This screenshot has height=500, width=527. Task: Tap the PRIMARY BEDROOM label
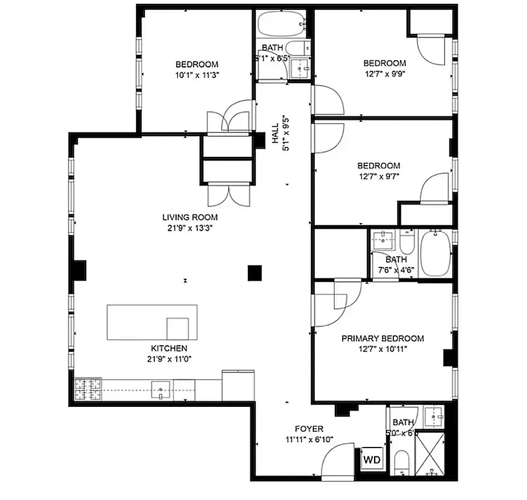(382, 338)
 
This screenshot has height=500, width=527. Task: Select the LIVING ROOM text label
(190, 217)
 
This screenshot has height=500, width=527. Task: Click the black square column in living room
(254, 272)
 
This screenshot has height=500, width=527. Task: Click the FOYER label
(309, 429)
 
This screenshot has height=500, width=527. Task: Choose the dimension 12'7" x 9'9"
(385, 74)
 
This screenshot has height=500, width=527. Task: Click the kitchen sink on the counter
(160, 390)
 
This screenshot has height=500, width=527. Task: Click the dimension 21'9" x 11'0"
(168, 359)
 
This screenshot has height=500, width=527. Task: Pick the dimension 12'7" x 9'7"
(378, 176)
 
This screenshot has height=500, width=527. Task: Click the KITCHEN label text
(168, 348)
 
